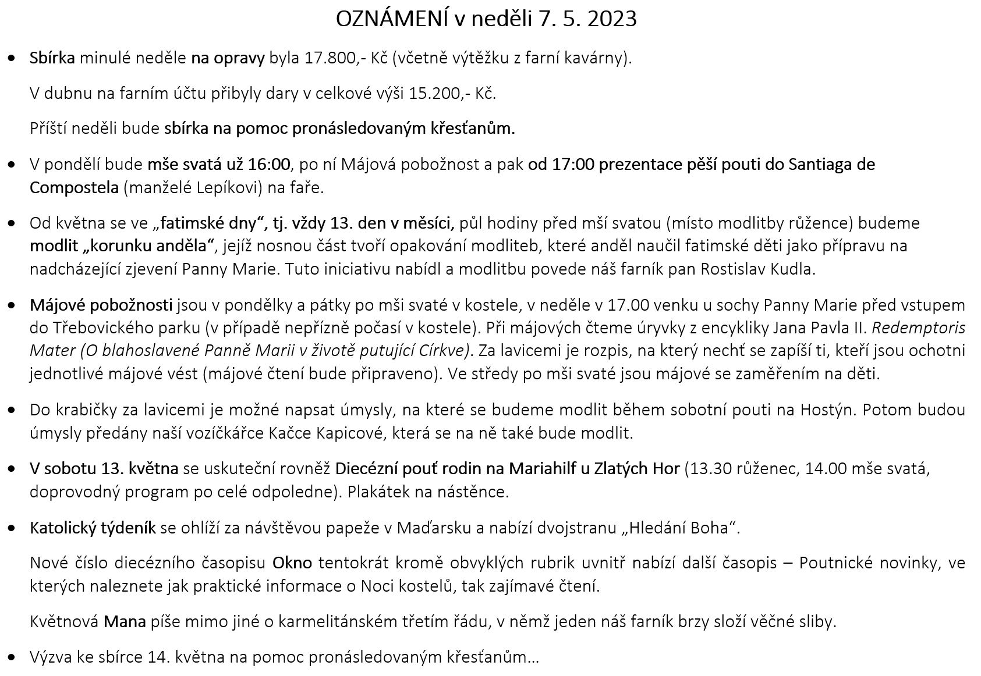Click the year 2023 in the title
[x=612, y=19]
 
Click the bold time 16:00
[x=268, y=165]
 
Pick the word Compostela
[x=74, y=188]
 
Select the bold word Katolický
[x=62, y=528]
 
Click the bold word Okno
[x=292, y=563]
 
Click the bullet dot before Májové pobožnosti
[x=12, y=305]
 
